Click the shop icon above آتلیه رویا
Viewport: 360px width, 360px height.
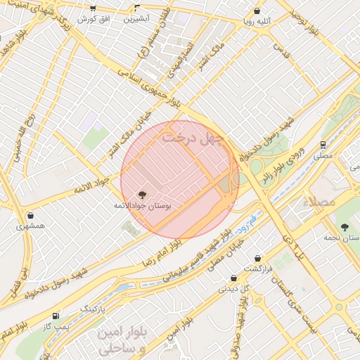tap(257, 11)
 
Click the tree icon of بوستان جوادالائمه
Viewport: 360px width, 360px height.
tap(143, 193)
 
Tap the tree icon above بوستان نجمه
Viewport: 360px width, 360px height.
tap(345, 226)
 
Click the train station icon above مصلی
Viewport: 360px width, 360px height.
tap(323, 144)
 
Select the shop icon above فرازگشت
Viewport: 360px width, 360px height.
tap(258, 259)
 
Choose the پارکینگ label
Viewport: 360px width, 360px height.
tap(93, 309)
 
